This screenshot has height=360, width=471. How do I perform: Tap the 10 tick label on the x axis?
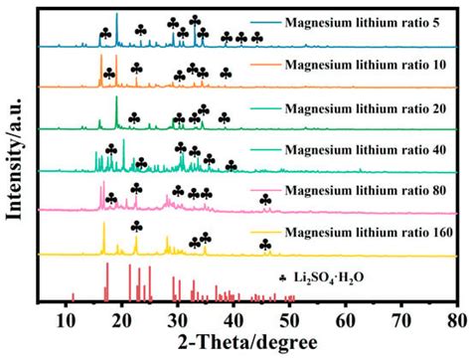coord(66,319)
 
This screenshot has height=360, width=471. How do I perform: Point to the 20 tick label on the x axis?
coord(121,319)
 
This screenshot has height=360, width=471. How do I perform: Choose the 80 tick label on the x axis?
coord(455,319)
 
